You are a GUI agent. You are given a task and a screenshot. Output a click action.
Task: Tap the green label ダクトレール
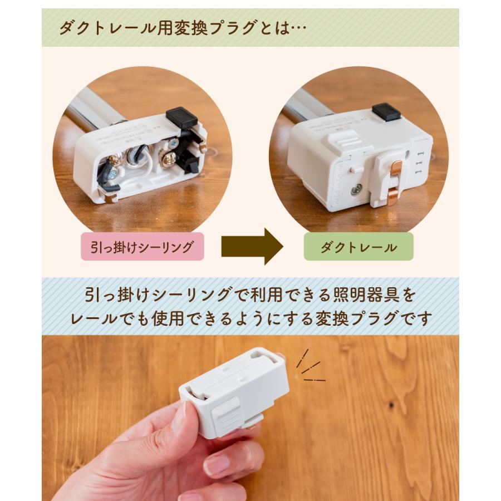coord(358,247)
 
